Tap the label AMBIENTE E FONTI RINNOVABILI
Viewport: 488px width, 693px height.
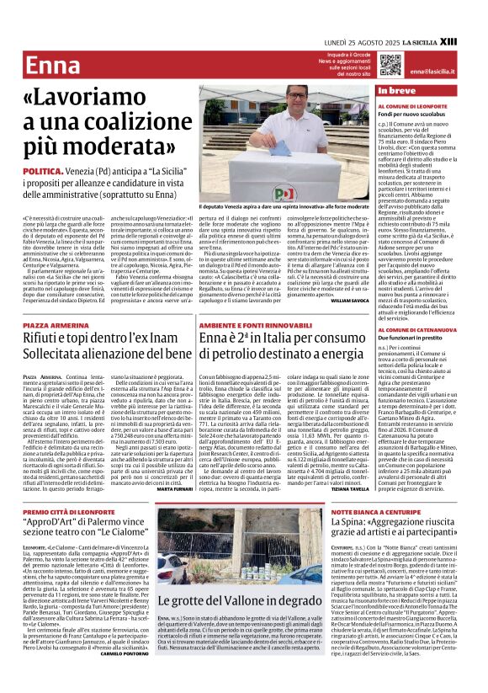[250, 323]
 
